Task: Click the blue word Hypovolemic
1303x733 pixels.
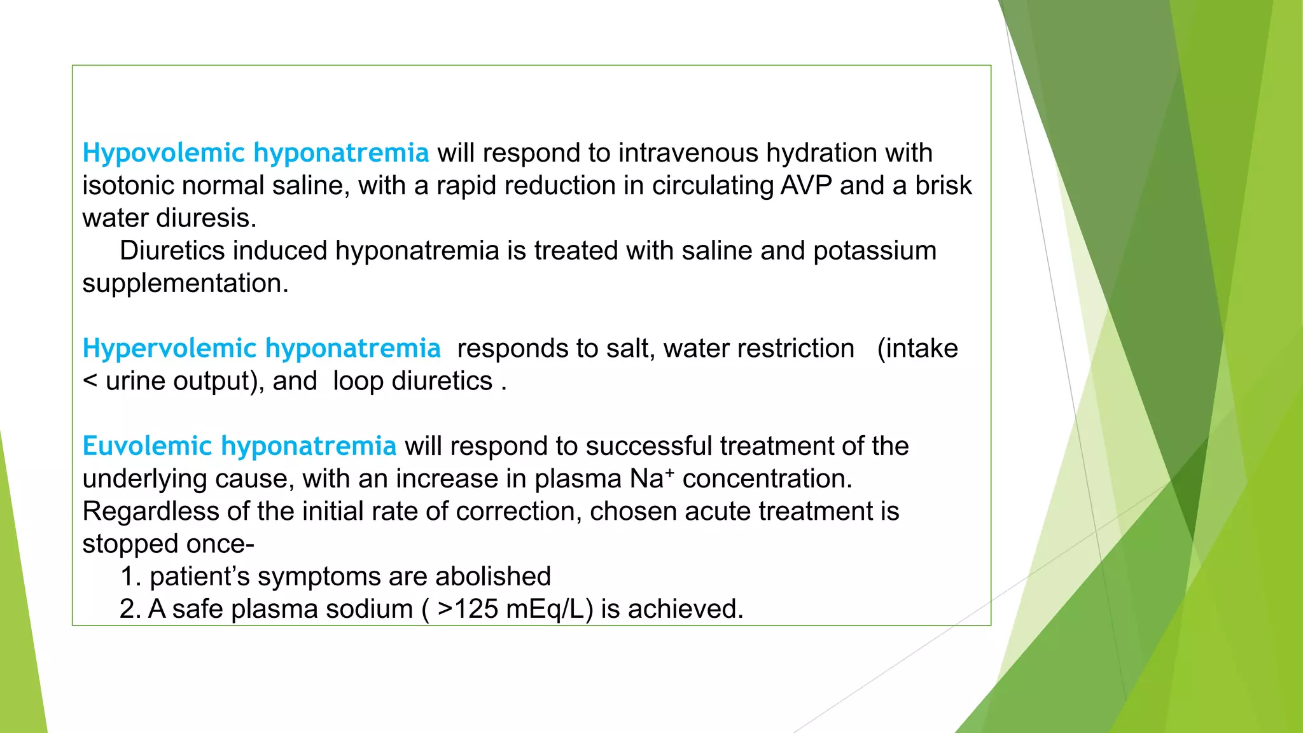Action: (x=164, y=153)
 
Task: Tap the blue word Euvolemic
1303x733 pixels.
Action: (x=147, y=446)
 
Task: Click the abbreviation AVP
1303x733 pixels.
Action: (x=806, y=186)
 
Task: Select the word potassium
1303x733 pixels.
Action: (x=875, y=251)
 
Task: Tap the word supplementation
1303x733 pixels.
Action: (x=185, y=284)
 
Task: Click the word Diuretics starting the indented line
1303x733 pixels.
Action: (x=172, y=251)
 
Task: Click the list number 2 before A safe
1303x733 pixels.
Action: (x=130, y=610)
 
